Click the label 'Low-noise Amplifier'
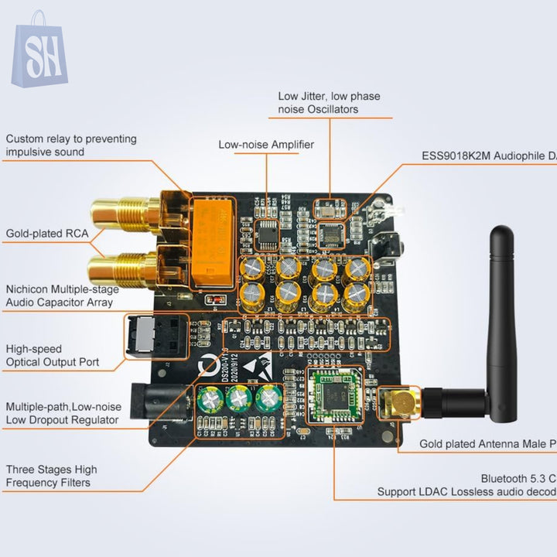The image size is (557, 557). pos(266,145)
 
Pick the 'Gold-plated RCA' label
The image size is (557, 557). pos(47,233)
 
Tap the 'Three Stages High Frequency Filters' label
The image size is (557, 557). pos(52,476)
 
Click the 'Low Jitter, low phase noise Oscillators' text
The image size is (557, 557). pos(329,103)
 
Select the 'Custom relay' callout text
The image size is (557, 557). pos(71,145)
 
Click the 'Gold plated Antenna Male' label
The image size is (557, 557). pos(487,444)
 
